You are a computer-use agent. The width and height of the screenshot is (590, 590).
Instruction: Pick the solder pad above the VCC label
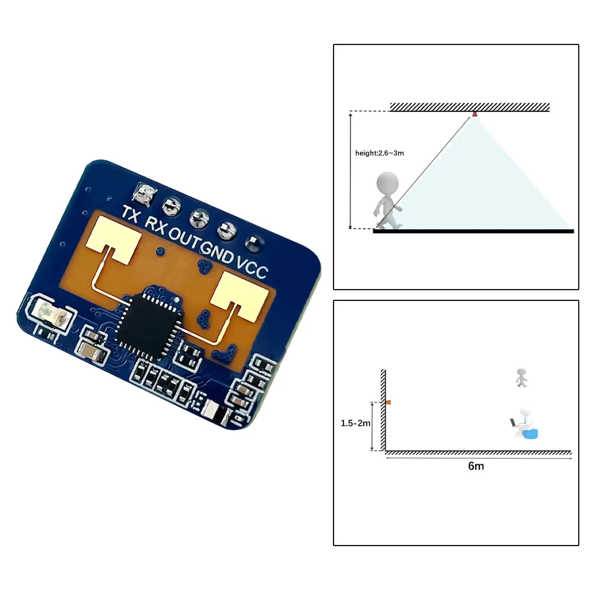click(255, 243)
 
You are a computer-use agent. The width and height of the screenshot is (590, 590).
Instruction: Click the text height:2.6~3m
click(379, 153)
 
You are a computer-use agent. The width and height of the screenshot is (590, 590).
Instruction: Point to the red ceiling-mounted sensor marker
click(475, 114)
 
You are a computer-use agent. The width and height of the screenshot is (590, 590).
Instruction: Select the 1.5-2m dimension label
click(355, 423)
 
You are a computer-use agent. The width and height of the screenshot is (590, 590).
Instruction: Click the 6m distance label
click(476, 466)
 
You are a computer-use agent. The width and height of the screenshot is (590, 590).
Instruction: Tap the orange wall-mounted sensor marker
click(388, 402)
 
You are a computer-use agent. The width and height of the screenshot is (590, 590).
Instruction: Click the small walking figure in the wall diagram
click(521, 377)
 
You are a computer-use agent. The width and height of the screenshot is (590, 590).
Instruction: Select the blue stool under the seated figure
click(531, 434)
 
